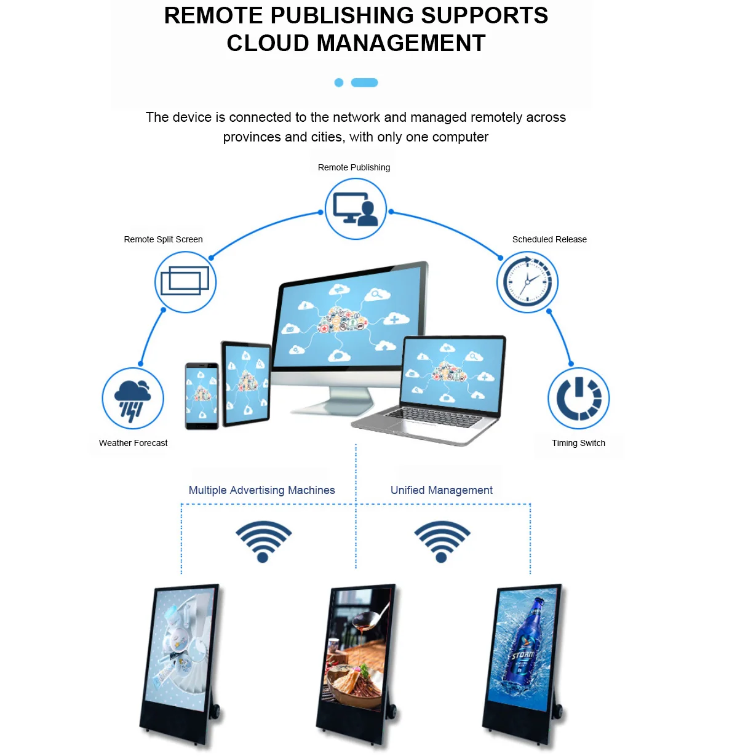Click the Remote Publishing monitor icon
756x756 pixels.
(x=355, y=209)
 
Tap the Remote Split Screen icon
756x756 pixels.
(x=185, y=282)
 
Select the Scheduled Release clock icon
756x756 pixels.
(x=527, y=282)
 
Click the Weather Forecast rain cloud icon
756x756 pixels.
(x=133, y=399)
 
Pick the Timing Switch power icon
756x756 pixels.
(x=578, y=399)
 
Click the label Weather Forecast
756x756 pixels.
(x=133, y=443)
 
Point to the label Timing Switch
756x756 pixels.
(x=578, y=443)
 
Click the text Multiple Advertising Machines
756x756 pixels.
(x=261, y=490)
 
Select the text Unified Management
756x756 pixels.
(x=441, y=490)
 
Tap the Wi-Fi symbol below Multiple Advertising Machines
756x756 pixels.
(x=263, y=540)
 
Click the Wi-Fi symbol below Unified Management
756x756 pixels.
(x=442, y=540)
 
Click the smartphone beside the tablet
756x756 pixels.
(x=202, y=395)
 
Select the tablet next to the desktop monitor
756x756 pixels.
(x=247, y=384)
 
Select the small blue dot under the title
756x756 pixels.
(x=338, y=82)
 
